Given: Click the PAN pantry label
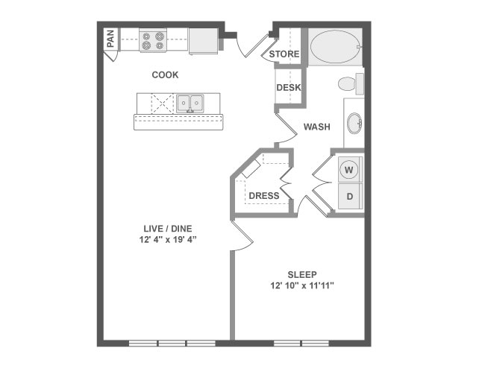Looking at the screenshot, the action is pyautogui.click(x=110, y=39).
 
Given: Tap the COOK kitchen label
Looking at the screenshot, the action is pyautogui.click(x=165, y=74).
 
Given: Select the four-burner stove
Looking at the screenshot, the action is pyautogui.click(x=153, y=40).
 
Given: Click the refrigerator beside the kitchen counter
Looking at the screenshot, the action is pyautogui.click(x=203, y=41).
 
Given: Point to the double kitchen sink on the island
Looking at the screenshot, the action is pyautogui.click(x=190, y=103).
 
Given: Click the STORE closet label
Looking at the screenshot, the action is pyautogui.click(x=284, y=54).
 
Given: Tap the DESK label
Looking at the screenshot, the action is pyautogui.click(x=289, y=88).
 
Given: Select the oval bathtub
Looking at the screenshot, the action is pyautogui.click(x=336, y=47).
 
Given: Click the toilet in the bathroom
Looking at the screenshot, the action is pyautogui.click(x=351, y=83).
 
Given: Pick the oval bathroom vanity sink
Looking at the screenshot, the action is pyautogui.click(x=354, y=123).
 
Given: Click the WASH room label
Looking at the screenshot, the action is pyautogui.click(x=316, y=127).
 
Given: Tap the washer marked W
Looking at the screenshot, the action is pyautogui.click(x=349, y=170).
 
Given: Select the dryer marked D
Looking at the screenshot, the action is pyautogui.click(x=349, y=197).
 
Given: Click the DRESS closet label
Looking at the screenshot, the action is pyautogui.click(x=264, y=196).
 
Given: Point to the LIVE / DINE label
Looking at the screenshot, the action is pyautogui.click(x=168, y=229).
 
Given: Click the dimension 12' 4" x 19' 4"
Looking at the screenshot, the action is pyautogui.click(x=168, y=240).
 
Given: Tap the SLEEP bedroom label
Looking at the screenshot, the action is pyautogui.click(x=302, y=275).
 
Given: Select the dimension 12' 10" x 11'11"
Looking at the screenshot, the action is pyautogui.click(x=302, y=286).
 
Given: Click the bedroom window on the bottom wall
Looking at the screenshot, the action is pyautogui.click(x=301, y=343).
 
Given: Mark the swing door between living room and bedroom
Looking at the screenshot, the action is pyautogui.click(x=242, y=235).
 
